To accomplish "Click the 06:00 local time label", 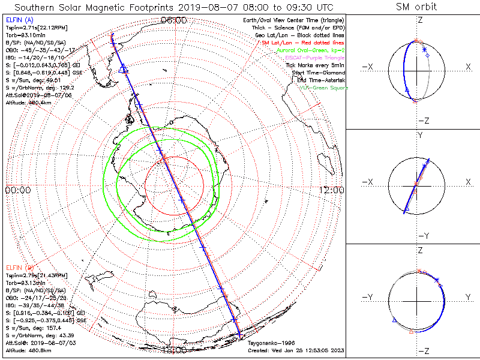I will (x=174, y=20).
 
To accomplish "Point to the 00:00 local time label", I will (x=17, y=190).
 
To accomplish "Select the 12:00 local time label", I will (x=331, y=190).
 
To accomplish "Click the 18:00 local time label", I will (x=174, y=350).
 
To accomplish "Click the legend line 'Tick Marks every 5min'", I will (x=315, y=65).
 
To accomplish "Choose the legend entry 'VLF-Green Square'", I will (x=323, y=88).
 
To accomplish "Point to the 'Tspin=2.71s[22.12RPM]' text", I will (x=34, y=28).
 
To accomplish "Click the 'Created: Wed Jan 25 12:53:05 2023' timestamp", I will (x=294, y=350).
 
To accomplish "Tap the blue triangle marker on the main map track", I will (x=124, y=69).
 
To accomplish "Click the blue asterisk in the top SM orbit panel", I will (x=424, y=49).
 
